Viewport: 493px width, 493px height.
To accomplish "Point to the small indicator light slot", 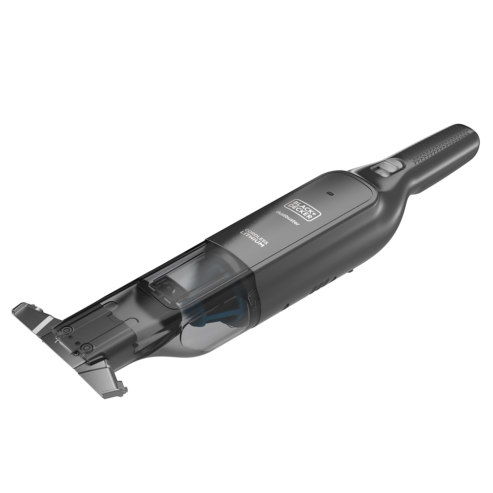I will [x=330, y=194].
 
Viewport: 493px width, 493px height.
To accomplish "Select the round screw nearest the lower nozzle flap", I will [x=87, y=348].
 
